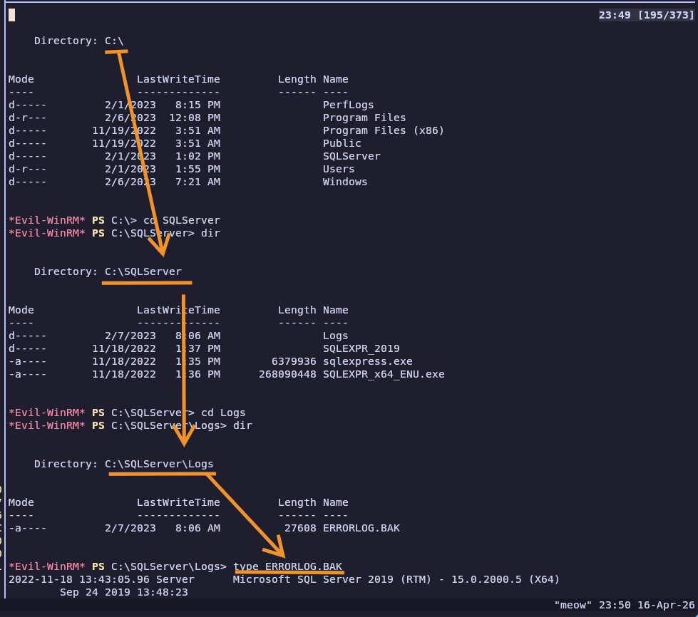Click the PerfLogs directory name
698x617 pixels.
click(x=348, y=105)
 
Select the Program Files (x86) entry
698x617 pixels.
click(x=384, y=131)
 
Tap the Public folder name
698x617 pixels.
click(x=342, y=143)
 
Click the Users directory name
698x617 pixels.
click(x=339, y=169)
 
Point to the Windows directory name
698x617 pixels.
click(x=345, y=182)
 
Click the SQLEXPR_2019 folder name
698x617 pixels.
click(x=361, y=349)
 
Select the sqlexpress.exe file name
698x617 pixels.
click(x=368, y=362)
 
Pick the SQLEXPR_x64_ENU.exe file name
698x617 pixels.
click(x=384, y=375)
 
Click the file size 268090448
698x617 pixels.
click(x=287, y=375)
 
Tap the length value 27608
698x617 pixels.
click(x=300, y=528)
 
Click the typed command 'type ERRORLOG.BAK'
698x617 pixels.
click(x=288, y=566)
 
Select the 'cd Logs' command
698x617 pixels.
click(x=223, y=413)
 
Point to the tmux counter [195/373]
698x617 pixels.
click(x=666, y=15)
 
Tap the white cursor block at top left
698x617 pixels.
click(x=11, y=15)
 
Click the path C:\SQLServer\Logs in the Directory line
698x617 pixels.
click(x=159, y=464)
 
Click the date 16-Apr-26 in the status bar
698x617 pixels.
click(x=666, y=605)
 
